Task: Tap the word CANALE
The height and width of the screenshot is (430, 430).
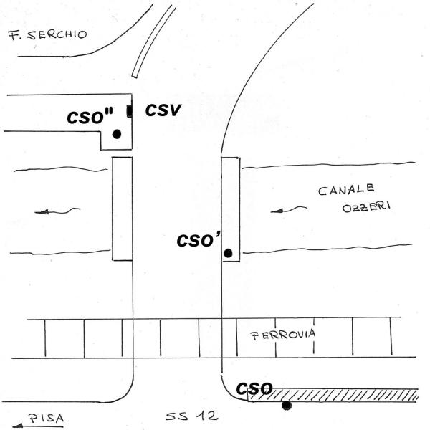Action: (347, 191)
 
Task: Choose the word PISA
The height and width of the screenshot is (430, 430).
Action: (44, 416)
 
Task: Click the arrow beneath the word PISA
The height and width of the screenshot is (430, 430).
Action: (32, 425)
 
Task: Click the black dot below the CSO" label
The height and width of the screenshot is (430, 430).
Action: (116, 134)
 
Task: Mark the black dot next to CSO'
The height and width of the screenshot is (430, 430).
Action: (228, 253)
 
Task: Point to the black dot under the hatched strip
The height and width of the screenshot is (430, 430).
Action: (287, 406)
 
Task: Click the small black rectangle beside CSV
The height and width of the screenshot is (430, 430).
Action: (129, 110)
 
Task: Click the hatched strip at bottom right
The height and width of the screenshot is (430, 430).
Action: (344, 394)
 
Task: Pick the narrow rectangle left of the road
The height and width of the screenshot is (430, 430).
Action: (123, 208)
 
